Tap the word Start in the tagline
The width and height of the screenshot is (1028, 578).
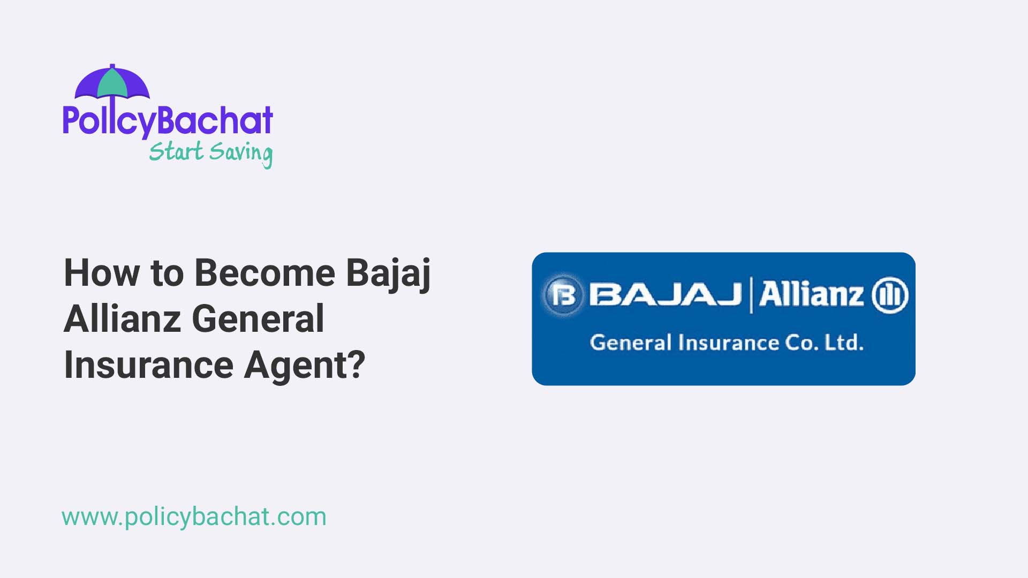[176, 151]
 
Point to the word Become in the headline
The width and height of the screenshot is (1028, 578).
[264, 273]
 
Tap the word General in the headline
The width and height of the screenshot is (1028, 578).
[258, 319]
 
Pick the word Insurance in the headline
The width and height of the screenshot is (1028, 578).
[149, 365]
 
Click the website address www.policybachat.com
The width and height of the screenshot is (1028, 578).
[194, 518]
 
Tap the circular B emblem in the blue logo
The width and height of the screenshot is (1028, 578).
[563, 294]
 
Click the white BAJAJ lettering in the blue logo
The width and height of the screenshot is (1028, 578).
[666, 294]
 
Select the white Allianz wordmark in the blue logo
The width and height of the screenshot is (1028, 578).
[811, 294]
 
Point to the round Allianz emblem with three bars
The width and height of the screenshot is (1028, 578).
[890, 295]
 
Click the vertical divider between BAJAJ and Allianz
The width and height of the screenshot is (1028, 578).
[751, 295]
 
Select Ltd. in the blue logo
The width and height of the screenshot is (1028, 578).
[844, 343]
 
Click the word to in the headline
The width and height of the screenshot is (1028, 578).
[167, 274]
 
